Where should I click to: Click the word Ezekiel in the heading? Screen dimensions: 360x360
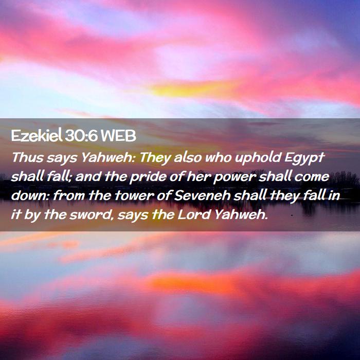[37, 135]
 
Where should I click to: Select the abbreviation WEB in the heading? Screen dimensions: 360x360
[118, 136]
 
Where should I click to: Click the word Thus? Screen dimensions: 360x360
[27, 157]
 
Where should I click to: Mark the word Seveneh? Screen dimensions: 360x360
[203, 195]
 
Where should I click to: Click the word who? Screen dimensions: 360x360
[219, 157]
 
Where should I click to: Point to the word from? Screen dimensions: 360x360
[68, 196]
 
